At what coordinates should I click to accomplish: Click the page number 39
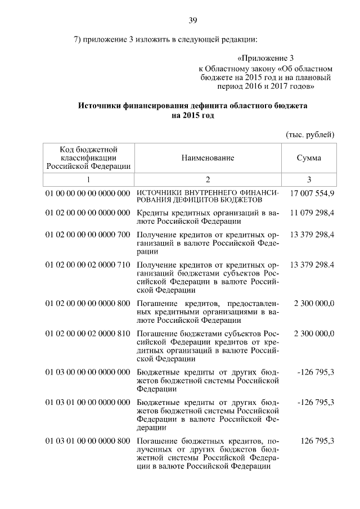[x=192, y=21]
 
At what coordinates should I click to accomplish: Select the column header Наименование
[x=208, y=158]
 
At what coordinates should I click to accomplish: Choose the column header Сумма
[x=309, y=158]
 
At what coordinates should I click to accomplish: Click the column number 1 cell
[x=88, y=179]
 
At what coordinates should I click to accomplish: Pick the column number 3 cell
[x=309, y=179]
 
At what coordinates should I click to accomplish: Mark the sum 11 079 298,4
[x=312, y=214]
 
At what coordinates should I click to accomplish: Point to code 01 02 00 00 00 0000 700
[x=88, y=234]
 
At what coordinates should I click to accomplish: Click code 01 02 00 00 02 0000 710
[x=88, y=264]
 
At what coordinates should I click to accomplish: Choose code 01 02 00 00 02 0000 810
[x=88, y=334]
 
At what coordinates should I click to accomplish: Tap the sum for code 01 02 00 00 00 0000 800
[x=314, y=303]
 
